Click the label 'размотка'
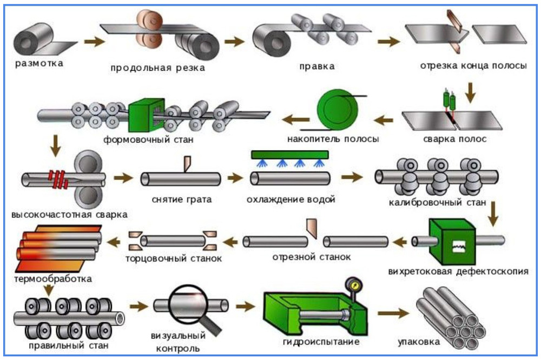coord(39,63)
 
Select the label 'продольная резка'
coord(158,68)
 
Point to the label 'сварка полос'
coord(455,139)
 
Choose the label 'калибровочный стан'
coord(437,203)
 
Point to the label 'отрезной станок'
coord(311,257)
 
